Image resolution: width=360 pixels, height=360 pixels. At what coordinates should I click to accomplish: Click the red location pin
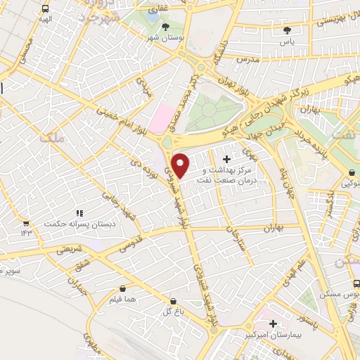click(181, 165)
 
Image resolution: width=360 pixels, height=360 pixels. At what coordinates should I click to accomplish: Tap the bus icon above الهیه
click(46, 10)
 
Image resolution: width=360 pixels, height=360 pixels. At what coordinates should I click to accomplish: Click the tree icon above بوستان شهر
click(165, 27)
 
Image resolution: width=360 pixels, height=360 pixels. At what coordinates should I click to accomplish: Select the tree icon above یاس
click(287, 30)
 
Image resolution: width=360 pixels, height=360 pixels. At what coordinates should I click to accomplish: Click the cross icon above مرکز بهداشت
click(226, 160)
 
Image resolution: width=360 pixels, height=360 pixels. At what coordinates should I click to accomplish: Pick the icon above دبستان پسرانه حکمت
click(79, 212)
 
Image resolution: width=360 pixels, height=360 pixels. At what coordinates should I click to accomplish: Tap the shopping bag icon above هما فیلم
click(123, 288)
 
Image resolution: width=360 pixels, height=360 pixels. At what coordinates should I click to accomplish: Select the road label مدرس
click(249, 61)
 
